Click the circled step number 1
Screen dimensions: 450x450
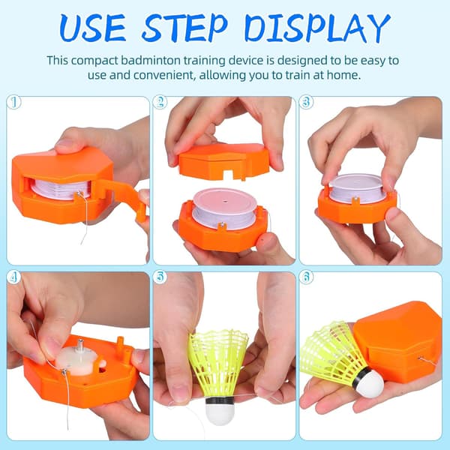14,102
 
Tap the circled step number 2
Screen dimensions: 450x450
160,102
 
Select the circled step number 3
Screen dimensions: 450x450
306,102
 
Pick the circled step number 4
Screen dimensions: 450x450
14,277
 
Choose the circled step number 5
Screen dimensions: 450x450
160,277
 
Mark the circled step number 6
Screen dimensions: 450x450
306,277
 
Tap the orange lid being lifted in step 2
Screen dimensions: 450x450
223,162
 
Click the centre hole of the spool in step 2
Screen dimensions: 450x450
224,202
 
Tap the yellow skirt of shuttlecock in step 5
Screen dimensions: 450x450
217,363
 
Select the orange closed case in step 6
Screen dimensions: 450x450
398,340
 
